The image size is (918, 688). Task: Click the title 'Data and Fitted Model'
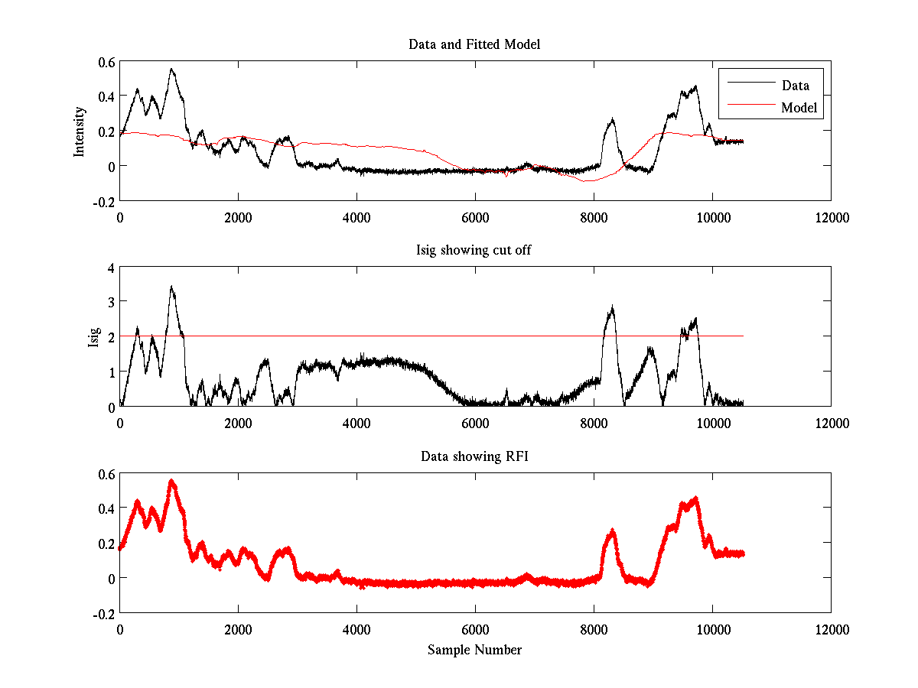474,44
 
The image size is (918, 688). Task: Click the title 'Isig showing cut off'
474,251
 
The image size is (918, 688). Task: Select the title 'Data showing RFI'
474,456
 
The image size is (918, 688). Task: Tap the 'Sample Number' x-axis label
474,650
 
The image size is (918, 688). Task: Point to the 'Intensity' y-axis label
79,131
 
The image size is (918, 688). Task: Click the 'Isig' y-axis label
93,337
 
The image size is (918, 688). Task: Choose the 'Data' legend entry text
795,86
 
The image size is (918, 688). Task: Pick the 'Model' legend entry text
799,108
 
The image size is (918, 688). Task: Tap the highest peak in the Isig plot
171,287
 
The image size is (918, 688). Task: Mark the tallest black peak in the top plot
171,69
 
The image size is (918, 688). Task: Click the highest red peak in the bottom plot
171,481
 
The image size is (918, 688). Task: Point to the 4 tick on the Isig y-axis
111,268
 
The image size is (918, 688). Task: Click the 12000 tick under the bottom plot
831,630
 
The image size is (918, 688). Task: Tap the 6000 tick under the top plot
475,218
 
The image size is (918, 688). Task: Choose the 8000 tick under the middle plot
594,424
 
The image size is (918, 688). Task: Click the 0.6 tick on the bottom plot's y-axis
107,474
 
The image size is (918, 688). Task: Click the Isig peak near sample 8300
611,307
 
